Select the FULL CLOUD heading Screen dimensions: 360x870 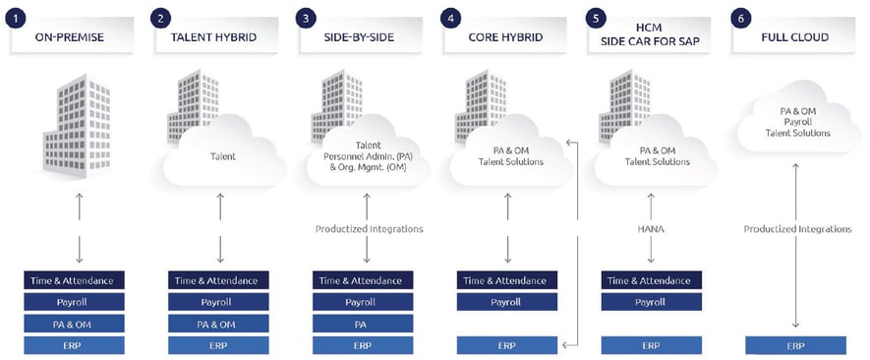pyautogui.click(x=794, y=38)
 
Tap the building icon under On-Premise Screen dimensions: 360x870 pyautogui.click(x=74, y=122)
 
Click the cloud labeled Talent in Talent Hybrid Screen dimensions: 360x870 pyautogui.click(x=219, y=155)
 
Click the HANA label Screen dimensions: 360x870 pyautogui.click(x=651, y=228)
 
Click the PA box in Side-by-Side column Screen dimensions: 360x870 pyautogui.click(x=363, y=324)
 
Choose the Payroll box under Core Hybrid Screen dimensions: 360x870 pyautogui.click(x=507, y=302)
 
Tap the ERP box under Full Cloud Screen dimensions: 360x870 pyautogui.click(x=795, y=345)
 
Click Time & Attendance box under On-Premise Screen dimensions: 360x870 pyautogui.click(x=75, y=280)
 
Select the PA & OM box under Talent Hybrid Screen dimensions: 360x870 pyautogui.click(x=218, y=324)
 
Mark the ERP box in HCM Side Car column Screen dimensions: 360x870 pyautogui.click(x=651, y=345)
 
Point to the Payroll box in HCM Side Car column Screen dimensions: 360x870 pyautogui.click(x=651, y=302)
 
